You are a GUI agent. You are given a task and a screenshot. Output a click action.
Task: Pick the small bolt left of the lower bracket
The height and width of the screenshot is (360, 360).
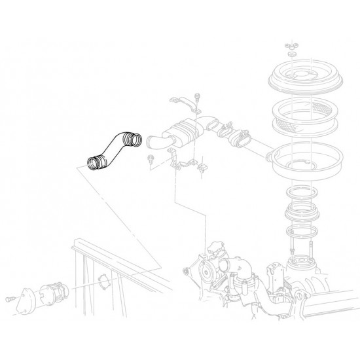pos(151,157)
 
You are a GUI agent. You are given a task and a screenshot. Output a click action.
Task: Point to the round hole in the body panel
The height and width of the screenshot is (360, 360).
pos(101,282)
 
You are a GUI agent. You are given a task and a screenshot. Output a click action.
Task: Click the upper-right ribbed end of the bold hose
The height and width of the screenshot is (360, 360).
pos(133,138)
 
